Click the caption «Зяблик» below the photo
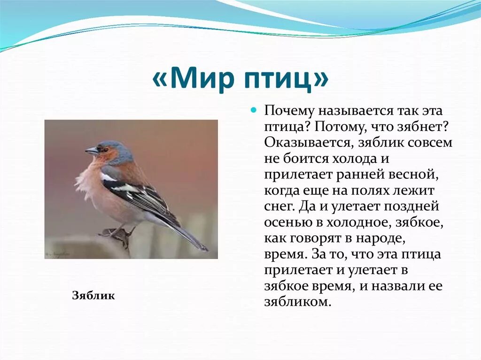pos(93,295)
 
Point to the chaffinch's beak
pos(91,150)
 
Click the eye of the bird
pos(105,149)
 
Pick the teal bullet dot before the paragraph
pos(253,109)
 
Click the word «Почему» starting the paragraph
pos(289,111)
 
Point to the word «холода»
pos(350,159)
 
